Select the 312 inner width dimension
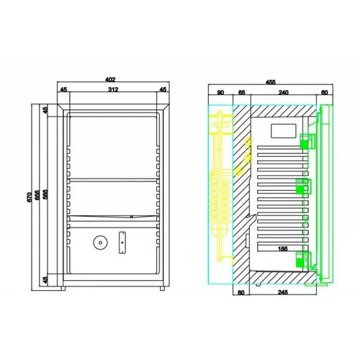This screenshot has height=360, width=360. (114, 91)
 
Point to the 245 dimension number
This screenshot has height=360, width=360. (283, 293)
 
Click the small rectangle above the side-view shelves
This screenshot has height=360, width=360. (280, 132)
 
